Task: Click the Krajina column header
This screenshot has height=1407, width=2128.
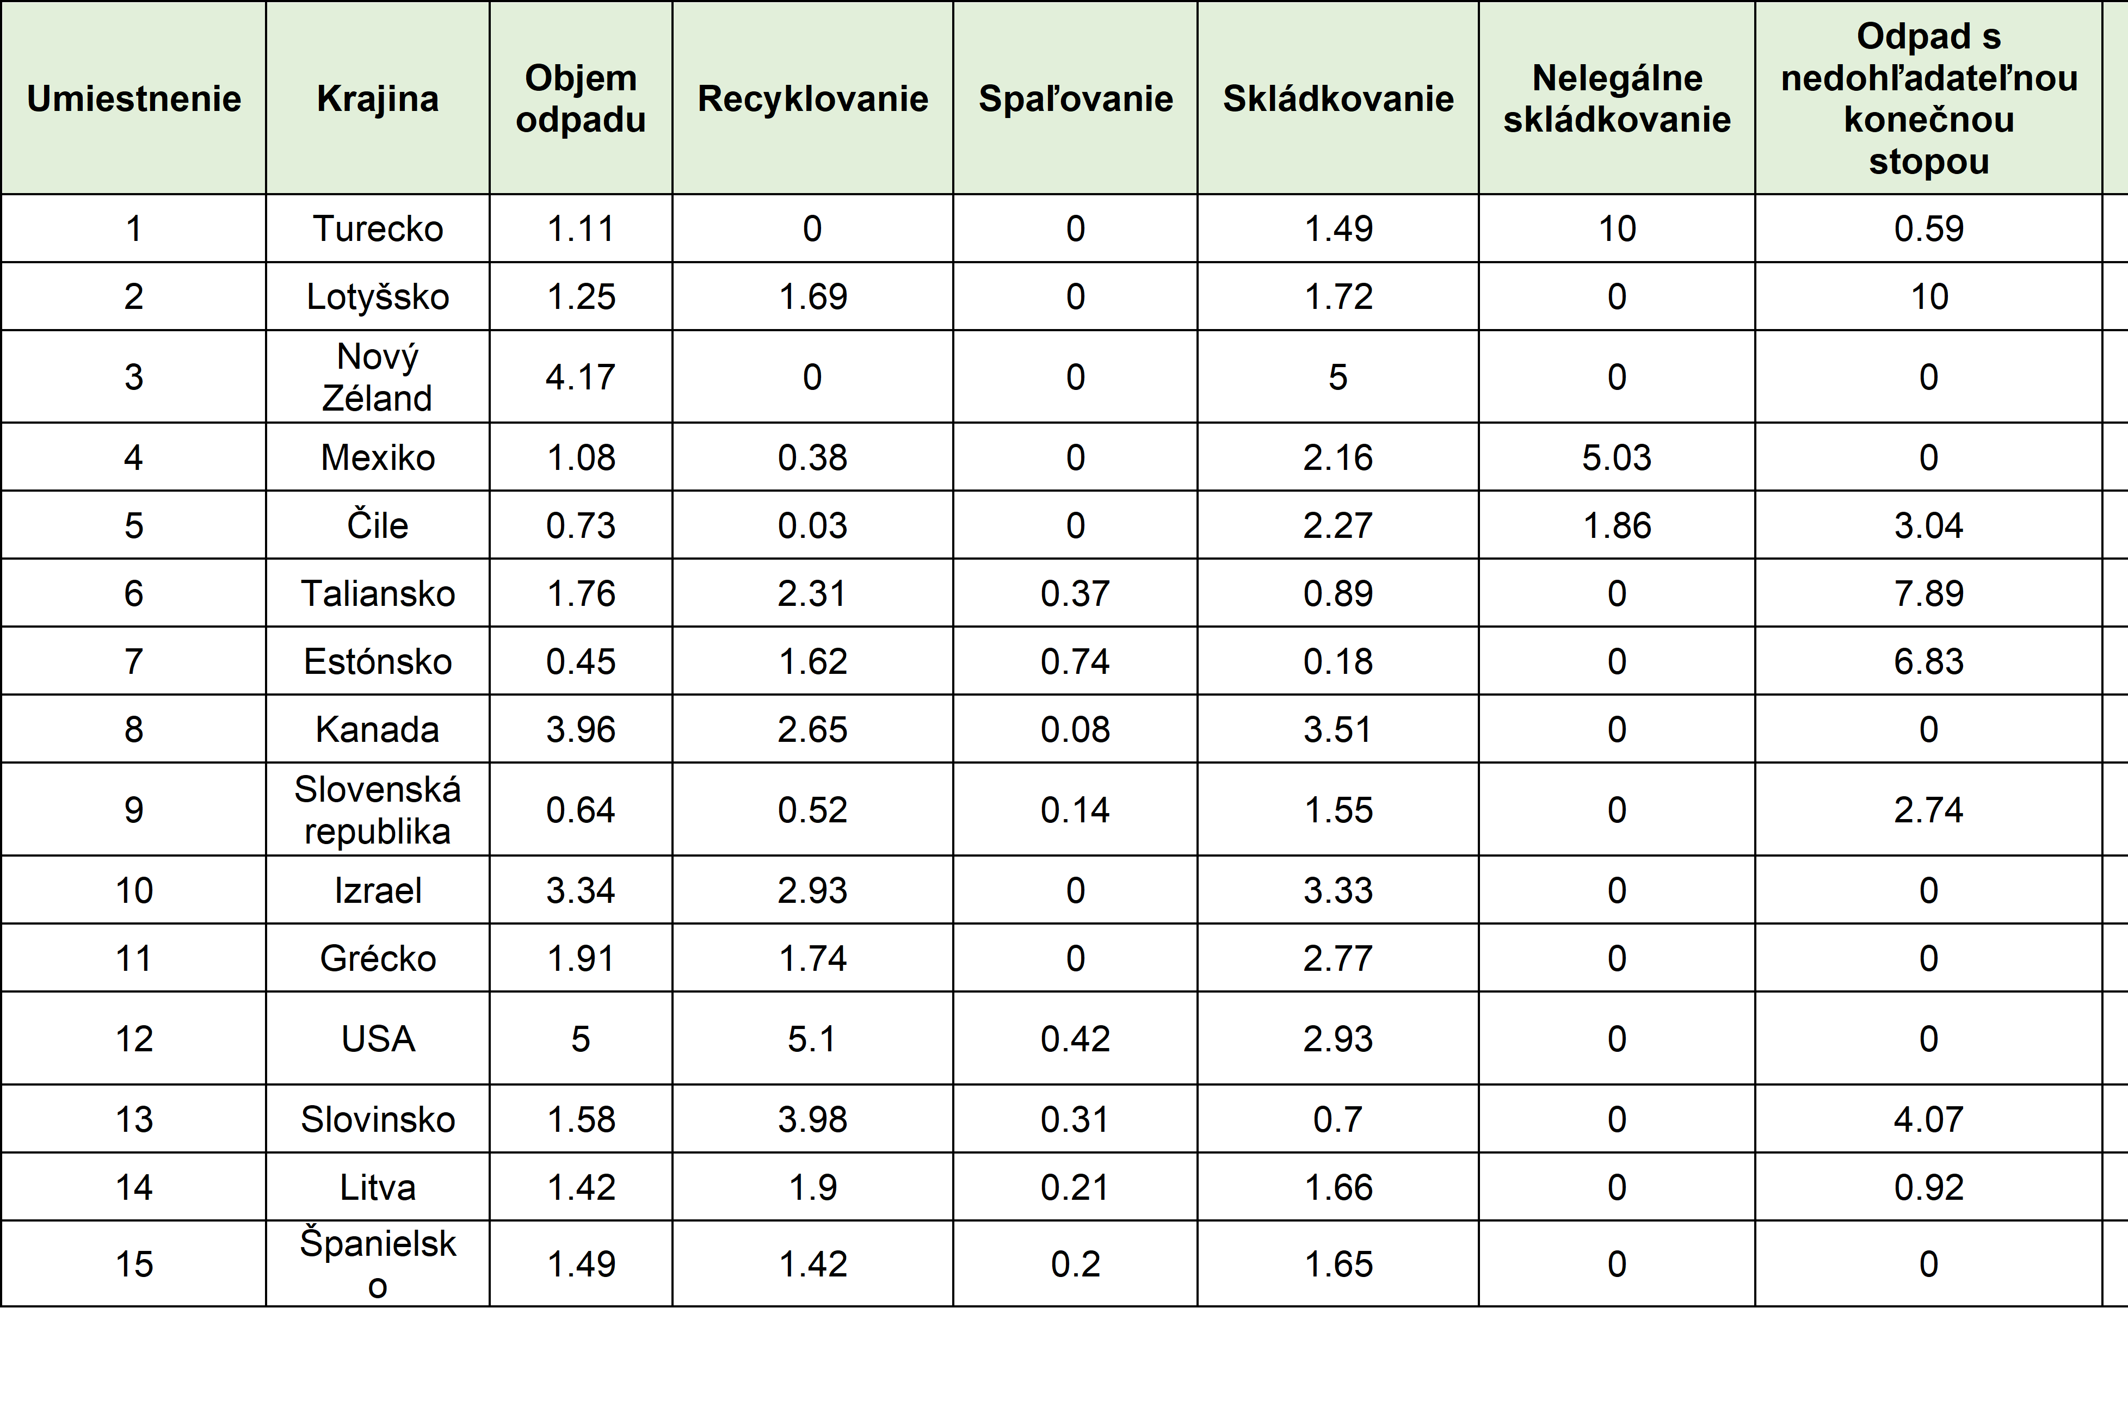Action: [378, 98]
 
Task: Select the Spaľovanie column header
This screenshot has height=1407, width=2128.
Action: [1075, 98]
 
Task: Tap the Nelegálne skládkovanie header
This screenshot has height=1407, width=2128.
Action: [1617, 98]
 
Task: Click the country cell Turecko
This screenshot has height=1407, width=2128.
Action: [378, 229]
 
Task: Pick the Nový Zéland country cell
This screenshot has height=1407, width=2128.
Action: [378, 377]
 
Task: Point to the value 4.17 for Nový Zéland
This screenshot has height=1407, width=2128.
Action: [581, 377]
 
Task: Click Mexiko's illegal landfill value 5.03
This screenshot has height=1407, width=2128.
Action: [1617, 457]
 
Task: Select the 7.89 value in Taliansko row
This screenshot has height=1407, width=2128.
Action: [1929, 593]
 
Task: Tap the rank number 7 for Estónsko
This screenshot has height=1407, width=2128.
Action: [134, 661]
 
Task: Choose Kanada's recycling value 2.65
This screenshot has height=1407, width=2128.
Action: [812, 729]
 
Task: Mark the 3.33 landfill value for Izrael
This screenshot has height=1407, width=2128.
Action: [1338, 890]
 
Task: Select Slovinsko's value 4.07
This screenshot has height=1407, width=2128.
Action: [1929, 1119]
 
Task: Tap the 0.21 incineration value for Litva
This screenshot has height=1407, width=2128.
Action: [1075, 1187]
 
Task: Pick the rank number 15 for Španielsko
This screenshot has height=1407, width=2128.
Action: [134, 1265]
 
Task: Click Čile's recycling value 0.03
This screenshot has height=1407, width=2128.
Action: [812, 525]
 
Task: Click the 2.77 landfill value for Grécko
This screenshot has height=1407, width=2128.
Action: [1338, 958]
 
